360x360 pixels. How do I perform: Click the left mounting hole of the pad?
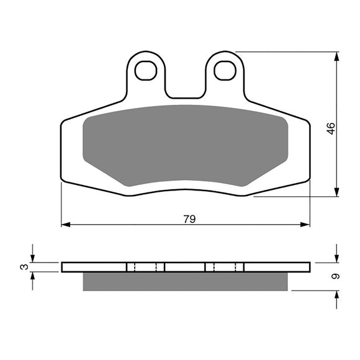tap(146, 71)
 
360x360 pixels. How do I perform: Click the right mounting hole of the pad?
tap(225, 71)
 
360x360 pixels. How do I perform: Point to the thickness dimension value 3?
tap(24, 267)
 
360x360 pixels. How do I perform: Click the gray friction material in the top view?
tap(184, 146)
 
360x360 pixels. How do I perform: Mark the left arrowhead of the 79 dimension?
tap(65, 224)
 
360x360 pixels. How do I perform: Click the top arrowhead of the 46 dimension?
tap(336, 56)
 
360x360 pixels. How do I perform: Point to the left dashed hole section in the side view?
tap(146, 267)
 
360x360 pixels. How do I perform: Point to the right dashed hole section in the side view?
tap(225, 267)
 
